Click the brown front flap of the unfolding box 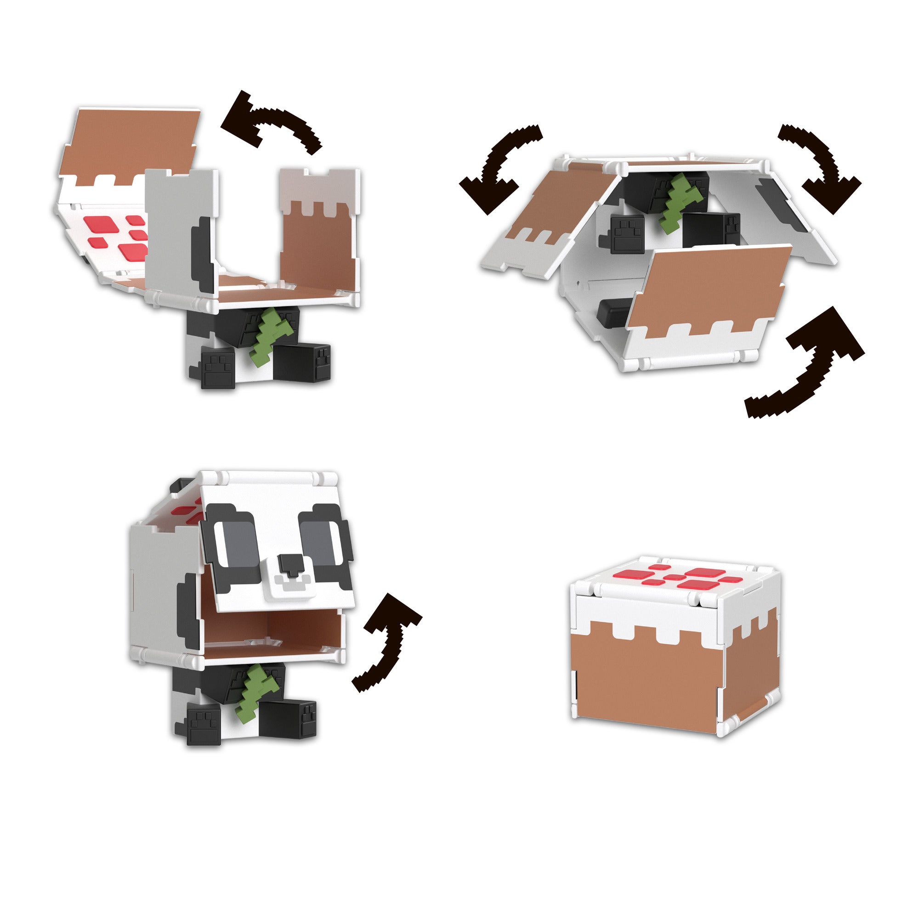(709, 285)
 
